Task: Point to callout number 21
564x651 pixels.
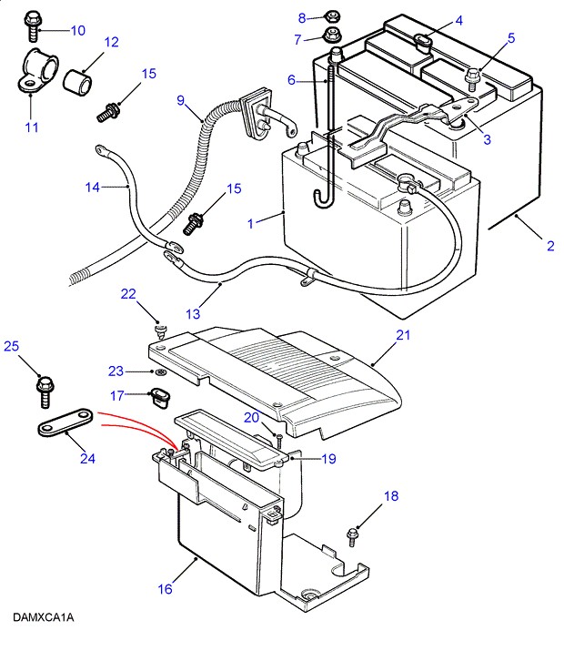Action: tap(403, 335)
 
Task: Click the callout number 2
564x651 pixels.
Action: tap(549, 245)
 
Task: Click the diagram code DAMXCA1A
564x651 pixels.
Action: tap(43, 618)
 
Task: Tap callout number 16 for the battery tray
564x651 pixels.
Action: tap(164, 589)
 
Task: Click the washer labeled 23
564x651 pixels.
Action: tap(160, 373)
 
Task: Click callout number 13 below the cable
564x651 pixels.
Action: tap(192, 314)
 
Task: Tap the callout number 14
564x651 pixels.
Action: tap(92, 188)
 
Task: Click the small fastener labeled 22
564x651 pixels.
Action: tap(160, 327)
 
